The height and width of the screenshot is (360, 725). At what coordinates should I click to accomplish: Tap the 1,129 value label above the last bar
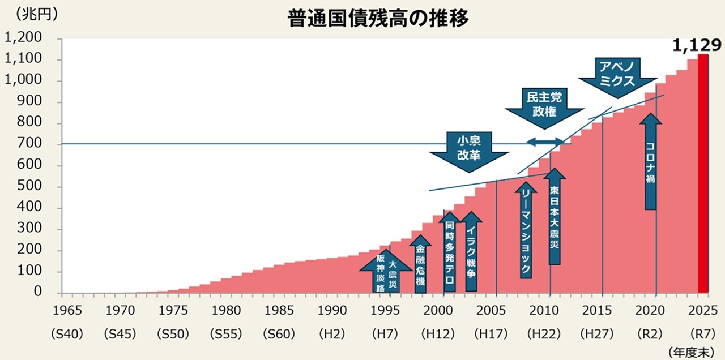click(x=696, y=45)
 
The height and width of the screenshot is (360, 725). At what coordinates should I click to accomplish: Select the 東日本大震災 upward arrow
click(x=554, y=218)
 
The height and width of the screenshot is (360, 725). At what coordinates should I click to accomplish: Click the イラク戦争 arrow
click(x=471, y=252)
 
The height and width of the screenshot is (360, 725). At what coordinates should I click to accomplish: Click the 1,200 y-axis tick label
click(x=23, y=38)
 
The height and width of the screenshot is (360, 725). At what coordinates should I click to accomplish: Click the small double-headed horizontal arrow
click(x=545, y=141)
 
